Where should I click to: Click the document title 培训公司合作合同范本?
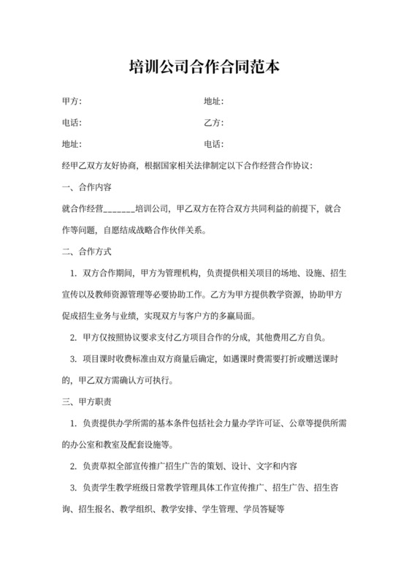tap(204, 67)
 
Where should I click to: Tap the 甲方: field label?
tap(72, 101)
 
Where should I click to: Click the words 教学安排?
tap(178, 509)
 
